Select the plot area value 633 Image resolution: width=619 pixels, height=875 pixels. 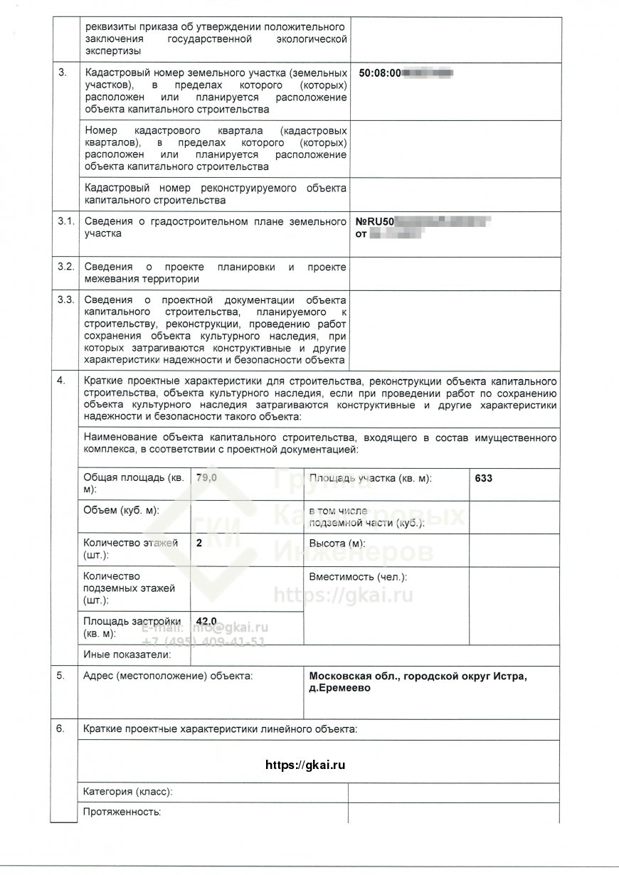pos(483,479)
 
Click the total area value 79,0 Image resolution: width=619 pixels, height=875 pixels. pos(206,478)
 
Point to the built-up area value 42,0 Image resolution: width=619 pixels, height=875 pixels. pos(206,621)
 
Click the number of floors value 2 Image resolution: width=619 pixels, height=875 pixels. pos(199,542)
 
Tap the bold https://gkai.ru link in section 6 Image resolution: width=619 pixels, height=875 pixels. pos(305,765)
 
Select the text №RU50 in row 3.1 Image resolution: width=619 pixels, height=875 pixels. pos(374,222)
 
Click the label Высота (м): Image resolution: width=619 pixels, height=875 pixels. pos(334,542)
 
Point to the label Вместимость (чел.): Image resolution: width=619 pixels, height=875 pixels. pos(358,577)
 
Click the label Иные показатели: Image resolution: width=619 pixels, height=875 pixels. pos(127,654)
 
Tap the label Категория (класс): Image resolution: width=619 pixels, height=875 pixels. pos(128,792)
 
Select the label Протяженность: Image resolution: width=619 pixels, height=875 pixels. pos(122,811)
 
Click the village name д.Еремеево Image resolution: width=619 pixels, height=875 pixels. pos(340,689)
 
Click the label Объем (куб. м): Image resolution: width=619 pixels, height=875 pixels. pos(121,511)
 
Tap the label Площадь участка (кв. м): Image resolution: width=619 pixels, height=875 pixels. pos(370,479)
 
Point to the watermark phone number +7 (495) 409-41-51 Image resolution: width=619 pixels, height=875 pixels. pos(203,641)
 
